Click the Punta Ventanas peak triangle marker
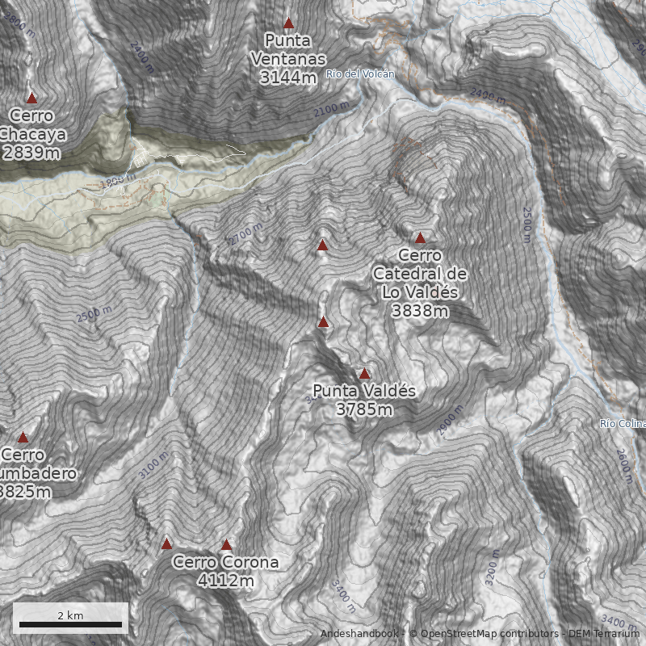coord(288,24)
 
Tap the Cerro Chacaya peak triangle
coord(32,98)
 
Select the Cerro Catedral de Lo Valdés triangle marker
coord(420,238)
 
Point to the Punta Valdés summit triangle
coord(364,374)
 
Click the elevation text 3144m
coord(288,78)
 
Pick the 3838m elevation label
coord(420,311)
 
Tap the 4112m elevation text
coord(226,580)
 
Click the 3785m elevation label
coord(364,409)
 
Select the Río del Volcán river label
coord(361,74)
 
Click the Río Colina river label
coord(623,424)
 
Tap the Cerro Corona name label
coord(226,562)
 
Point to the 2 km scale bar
coord(70,623)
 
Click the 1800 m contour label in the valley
coord(118,182)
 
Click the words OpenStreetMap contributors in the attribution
coord(484,634)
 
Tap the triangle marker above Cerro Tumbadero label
coord(23,437)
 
